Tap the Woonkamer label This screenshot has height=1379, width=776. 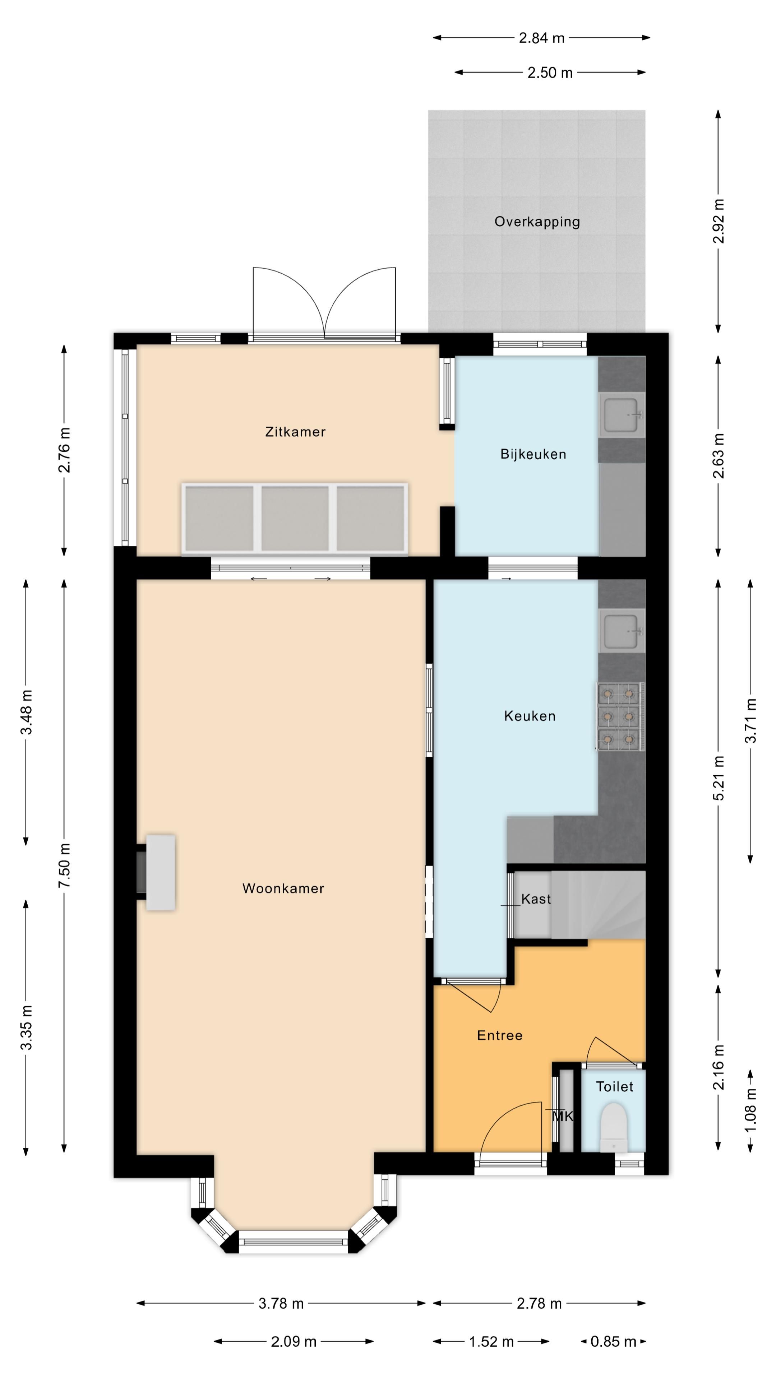283,889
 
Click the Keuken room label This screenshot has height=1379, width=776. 530,716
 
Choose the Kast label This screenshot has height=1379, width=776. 536,899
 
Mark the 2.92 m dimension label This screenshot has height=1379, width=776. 719,221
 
